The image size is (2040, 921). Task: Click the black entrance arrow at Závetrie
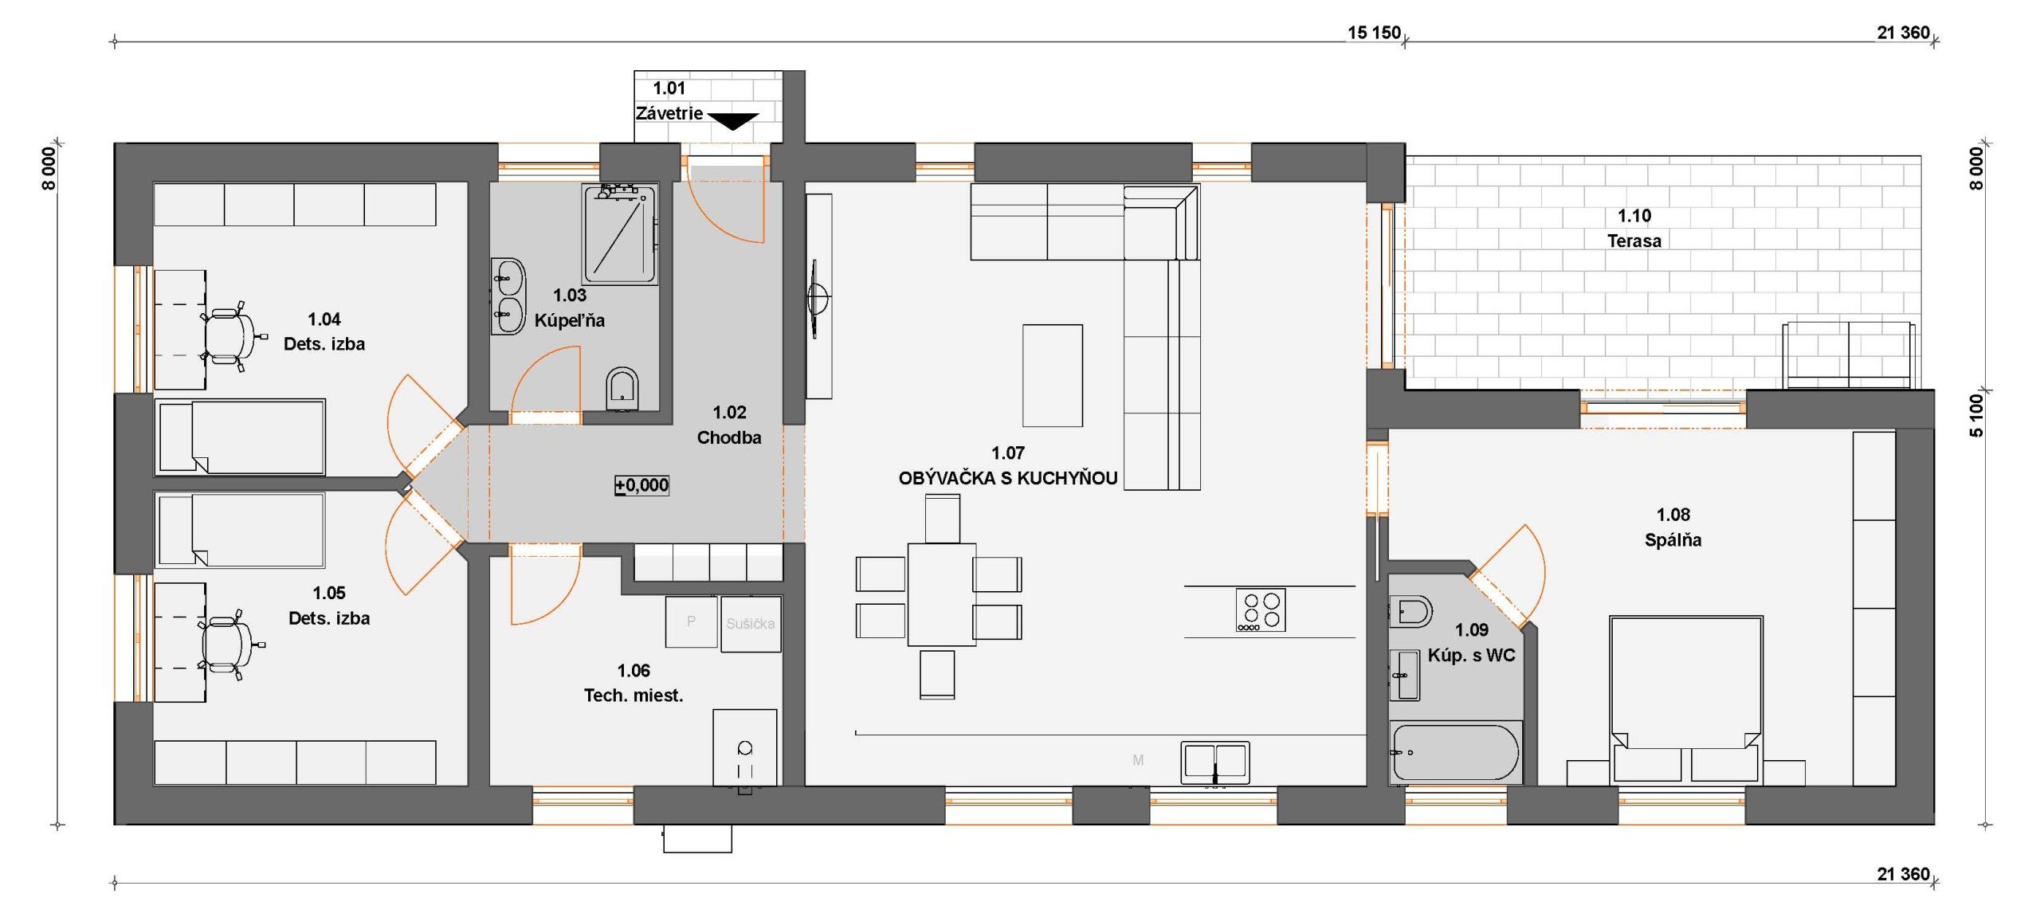pyautogui.click(x=733, y=121)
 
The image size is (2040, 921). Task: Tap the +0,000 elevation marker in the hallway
pyautogui.click(x=641, y=485)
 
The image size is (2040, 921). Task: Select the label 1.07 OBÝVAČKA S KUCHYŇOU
pyautogui.click(x=1008, y=465)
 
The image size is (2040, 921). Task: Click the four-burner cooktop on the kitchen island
pyautogui.click(x=1261, y=610)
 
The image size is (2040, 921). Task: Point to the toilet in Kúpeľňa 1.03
pyautogui.click(x=622, y=388)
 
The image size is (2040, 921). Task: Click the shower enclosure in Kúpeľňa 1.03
pyautogui.click(x=620, y=233)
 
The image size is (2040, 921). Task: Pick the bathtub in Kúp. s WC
pyautogui.click(x=1455, y=752)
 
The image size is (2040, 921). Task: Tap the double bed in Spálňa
pyautogui.click(x=1685, y=698)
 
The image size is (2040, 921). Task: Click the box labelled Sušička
pyautogui.click(x=751, y=624)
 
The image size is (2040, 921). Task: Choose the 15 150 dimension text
pyautogui.click(x=1374, y=33)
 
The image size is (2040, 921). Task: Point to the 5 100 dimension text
pyautogui.click(x=1976, y=415)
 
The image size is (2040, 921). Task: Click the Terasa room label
pyautogui.click(x=1634, y=241)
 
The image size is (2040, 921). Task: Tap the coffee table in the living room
pyautogui.click(x=1053, y=375)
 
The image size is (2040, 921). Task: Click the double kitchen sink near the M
pyautogui.click(x=1215, y=762)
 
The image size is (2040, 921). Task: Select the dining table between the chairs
pyautogui.click(x=942, y=594)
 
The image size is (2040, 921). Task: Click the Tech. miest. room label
pyautogui.click(x=634, y=696)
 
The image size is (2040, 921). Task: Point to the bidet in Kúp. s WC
pyautogui.click(x=1410, y=612)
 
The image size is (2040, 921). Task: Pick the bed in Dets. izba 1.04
pyautogui.click(x=240, y=437)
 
